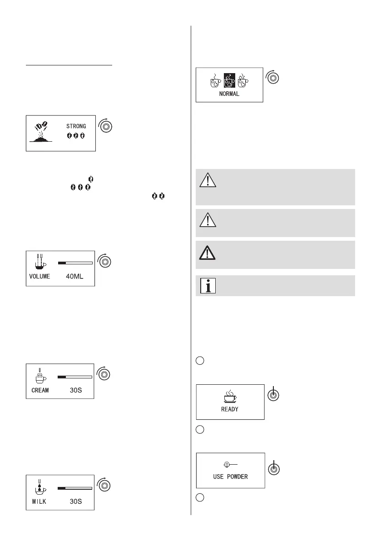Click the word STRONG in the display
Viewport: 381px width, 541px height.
[x=76, y=126]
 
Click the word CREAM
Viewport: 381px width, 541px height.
[x=40, y=389]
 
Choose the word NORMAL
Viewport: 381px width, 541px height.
[x=230, y=94]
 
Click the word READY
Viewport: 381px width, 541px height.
[x=230, y=409]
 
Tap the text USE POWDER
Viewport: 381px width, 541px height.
[x=230, y=477]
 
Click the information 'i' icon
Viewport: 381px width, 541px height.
[x=207, y=286]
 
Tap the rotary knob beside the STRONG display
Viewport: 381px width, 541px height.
[x=106, y=127]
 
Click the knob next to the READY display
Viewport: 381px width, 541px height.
[x=273, y=396]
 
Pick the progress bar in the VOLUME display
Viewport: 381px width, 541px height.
[x=75, y=263]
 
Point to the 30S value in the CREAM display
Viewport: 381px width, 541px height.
[x=76, y=389]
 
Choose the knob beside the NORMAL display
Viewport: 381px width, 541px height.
[x=273, y=78]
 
